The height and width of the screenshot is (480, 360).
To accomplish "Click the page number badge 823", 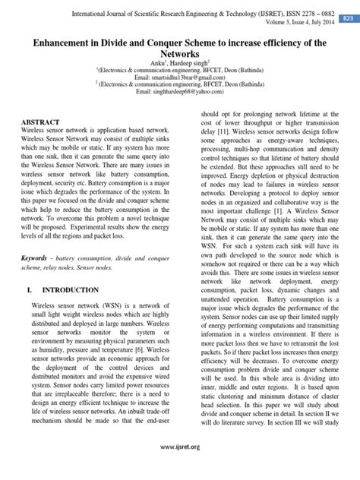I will [347, 17].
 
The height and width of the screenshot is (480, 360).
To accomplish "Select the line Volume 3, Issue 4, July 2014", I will [292, 24].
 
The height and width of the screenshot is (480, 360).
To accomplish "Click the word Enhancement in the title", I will [63, 44].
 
